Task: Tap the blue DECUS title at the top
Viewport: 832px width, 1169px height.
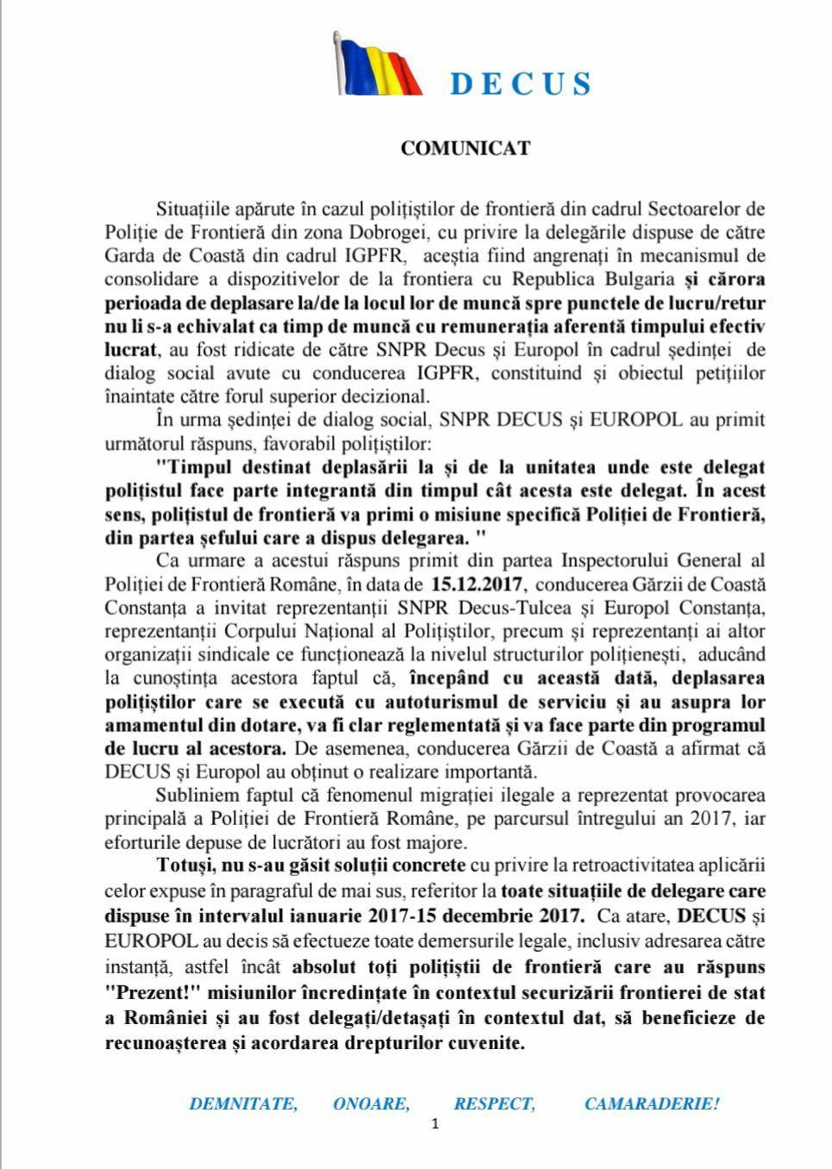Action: coord(521,84)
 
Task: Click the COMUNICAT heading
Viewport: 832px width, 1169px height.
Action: coord(465,148)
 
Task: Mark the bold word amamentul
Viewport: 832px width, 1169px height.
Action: coord(153,725)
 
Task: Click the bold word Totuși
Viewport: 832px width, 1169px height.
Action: coord(184,865)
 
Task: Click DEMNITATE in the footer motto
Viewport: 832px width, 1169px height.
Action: coord(243,1104)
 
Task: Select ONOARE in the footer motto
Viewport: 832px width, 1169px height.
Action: coord(372,1104)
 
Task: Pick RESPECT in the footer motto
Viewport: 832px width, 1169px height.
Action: coord(495,1104)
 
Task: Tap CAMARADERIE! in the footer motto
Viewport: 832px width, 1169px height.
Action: coord(652,1104)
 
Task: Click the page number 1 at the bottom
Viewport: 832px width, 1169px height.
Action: coord(435,1124)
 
